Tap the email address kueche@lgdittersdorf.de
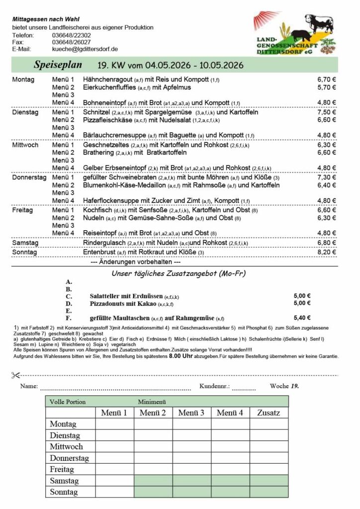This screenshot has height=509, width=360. (x=85, y=49)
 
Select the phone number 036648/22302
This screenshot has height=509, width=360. (x=71, y=35)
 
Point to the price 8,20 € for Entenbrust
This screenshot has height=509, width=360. (x=327, y=253)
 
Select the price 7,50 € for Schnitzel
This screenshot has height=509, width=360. (x=327, y=112)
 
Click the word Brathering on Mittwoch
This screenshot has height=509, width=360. (x=98, y=153)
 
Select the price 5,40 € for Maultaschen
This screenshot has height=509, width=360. (x=302, y=318)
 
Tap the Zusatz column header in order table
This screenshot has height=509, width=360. (x=269, y=413)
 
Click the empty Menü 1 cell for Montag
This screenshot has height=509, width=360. (x=114, y=424)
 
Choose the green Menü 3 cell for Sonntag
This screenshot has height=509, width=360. (x=191, y=492)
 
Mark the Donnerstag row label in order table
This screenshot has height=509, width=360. (x=69, y=458)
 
